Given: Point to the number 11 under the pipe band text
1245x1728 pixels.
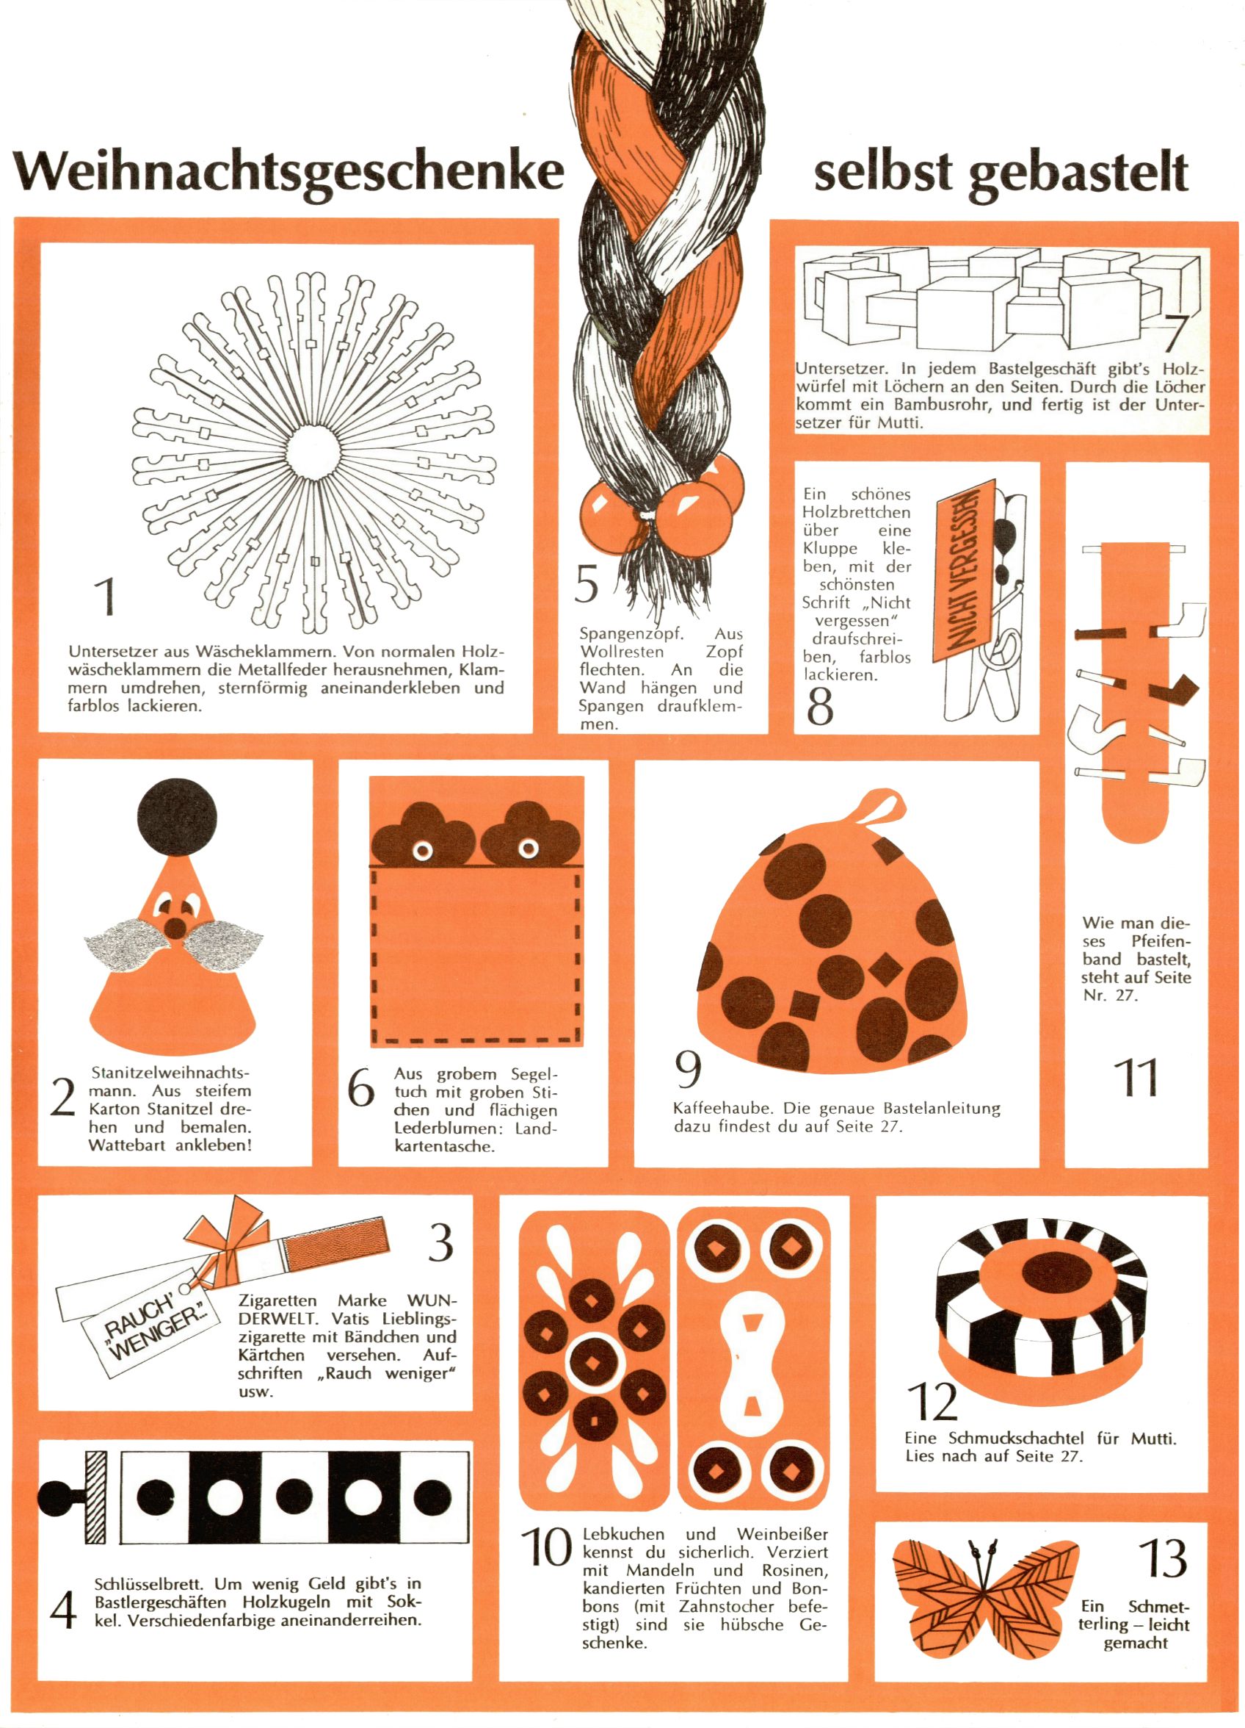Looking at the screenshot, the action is tap(1136, 1077).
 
